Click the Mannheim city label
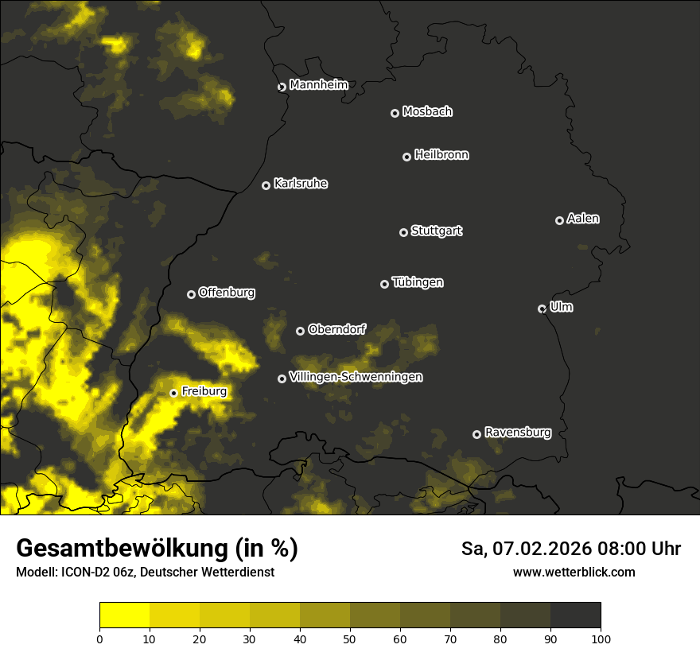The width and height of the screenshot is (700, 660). click(x=318, y=85)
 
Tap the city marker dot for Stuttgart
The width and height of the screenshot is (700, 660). click(x=403, y=232)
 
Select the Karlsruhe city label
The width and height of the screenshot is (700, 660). click(x=300, y=184)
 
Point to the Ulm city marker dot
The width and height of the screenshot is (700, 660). click(x=542, y=309)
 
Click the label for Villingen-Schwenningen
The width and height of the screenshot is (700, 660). click(x=356, y=377)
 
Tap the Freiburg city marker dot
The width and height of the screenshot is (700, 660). click(x=173, y=393)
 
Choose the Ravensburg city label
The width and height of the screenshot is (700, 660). click(x=517, y=433)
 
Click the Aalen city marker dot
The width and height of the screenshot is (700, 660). click(x=559, y=220)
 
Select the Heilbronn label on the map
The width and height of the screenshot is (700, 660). click(x=441, y=155)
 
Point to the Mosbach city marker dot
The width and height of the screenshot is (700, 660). click(x=395, y=113)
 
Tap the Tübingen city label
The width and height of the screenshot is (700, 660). click(x=418, y=282)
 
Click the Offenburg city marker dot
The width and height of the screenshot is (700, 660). click(x=191, y=294)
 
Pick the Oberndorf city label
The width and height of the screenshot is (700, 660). click(x=336, y=329)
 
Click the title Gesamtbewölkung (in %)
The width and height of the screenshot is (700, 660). click(x=157, y=549)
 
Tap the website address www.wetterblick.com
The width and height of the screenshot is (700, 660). click(x=574, y=572)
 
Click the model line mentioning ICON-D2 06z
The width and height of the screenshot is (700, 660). click(x=145, y=572)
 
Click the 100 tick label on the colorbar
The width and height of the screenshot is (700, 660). click(x=601, y=639)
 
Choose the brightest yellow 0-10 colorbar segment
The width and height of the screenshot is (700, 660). click(x=124, y=615)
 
